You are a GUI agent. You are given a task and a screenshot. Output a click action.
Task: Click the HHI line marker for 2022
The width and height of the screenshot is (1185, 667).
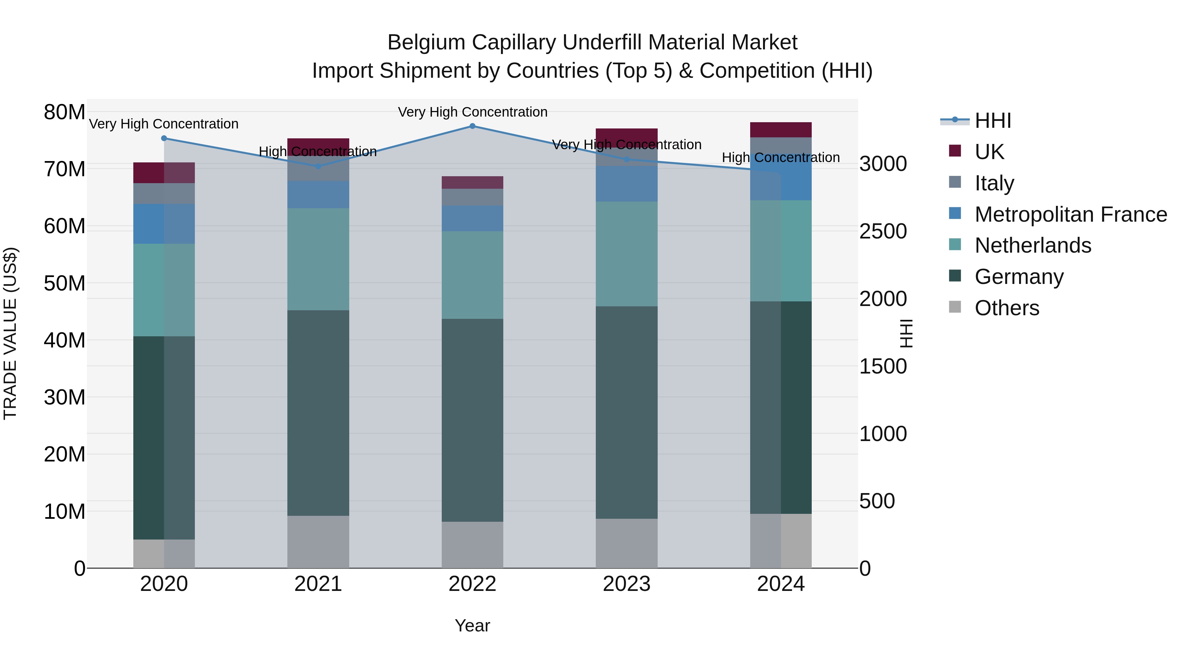coord(472,126)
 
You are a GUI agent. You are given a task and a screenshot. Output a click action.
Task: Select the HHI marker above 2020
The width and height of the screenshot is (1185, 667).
coord(164,138)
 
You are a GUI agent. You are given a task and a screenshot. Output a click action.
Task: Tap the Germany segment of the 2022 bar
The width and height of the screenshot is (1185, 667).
coord(472,420)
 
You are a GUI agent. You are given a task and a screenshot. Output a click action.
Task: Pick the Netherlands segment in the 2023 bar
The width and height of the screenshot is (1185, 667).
coord(626,254)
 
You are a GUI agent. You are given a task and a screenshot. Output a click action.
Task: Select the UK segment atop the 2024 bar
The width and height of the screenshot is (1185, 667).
coord(781,130)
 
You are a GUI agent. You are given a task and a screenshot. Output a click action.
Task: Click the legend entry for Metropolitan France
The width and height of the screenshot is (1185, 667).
coord(1070,214)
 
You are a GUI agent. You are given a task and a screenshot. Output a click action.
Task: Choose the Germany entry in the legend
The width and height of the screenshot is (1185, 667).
coord(1019,277)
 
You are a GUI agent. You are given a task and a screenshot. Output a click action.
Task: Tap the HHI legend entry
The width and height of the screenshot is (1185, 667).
coord(993,121)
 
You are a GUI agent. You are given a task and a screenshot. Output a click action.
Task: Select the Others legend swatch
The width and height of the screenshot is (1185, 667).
coord(955,308)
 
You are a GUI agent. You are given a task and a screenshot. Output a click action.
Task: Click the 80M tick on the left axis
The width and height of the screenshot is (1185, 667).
coord(65,112)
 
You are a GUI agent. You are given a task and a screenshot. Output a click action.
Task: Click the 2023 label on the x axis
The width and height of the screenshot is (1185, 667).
coord(626,584)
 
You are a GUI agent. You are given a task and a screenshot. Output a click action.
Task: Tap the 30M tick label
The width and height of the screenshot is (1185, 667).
coord(65,397)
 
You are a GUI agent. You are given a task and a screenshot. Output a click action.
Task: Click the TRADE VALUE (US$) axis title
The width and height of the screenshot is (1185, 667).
coord(10,333)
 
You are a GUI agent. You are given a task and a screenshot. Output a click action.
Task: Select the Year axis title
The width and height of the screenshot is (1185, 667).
coord(472,625)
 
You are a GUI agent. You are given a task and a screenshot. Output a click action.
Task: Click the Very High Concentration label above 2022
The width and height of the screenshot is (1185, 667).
coord(472,112)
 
